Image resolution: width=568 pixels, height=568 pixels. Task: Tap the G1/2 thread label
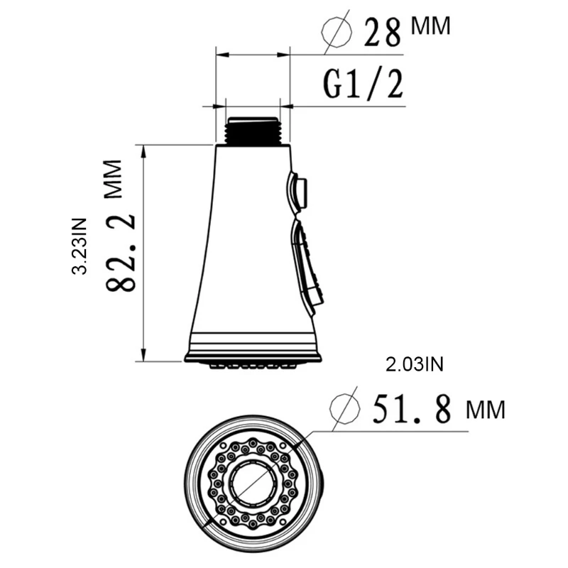point(363,84)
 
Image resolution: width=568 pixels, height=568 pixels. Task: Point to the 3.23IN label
point(80,245)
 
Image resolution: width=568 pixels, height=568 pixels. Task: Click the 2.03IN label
point(414,365)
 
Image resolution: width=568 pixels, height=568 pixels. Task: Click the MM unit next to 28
point(430,27)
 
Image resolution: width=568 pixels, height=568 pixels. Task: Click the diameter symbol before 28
point(338,31)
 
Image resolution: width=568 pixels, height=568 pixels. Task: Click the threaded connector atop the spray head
point(252,131)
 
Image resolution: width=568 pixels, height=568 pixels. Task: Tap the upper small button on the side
point(298,191)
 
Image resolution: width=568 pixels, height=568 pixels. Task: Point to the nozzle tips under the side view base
point(252,366)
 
